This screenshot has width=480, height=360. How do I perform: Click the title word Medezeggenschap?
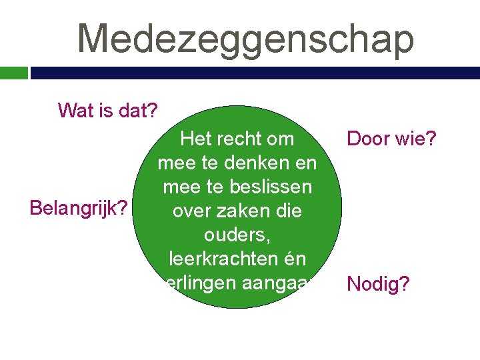click(245, 38)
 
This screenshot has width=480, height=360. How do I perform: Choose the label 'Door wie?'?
click(391, 140)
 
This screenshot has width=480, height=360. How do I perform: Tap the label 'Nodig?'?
click(379, 285)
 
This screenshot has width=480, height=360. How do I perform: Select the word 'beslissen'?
click(273, 187)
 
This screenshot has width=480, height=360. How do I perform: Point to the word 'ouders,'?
click(237, 235)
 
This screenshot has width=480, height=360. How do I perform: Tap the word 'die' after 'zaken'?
click(287, 211)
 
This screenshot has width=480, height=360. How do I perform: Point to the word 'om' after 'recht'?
click(279, 139)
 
